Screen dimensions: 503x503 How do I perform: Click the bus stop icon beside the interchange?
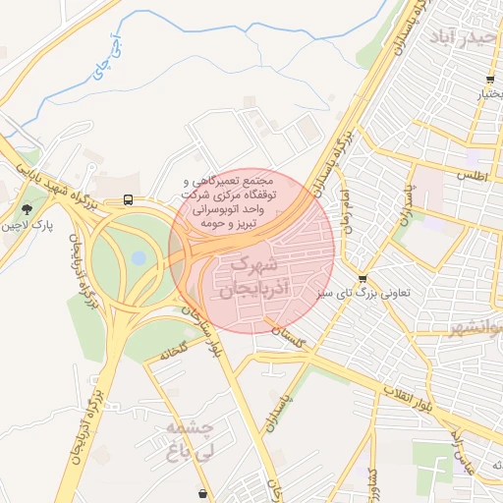(x=129, y=199)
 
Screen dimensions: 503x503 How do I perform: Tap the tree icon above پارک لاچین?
(x=27, y=208)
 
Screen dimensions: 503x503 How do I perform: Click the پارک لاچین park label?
(x=27, y=225)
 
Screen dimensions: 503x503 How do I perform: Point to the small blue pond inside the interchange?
(x=139, y=258)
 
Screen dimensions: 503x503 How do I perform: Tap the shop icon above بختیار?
(x=489, y=81)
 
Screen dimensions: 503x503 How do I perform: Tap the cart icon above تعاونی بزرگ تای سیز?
(x=363, y=279)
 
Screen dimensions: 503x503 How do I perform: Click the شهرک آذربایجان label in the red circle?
(x=252, y=277)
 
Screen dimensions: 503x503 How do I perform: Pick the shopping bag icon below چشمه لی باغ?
(x=202, y=493)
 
